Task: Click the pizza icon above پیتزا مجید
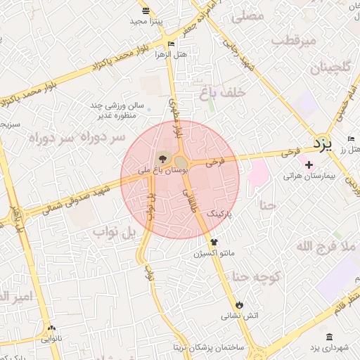146,11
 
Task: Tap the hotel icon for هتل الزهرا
171,44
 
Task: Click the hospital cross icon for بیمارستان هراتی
309,164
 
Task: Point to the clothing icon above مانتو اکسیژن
214,241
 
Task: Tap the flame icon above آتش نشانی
240,304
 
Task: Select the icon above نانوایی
51,328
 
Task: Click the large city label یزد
322,145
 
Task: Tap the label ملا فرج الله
322,245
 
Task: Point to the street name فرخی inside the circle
215,161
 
